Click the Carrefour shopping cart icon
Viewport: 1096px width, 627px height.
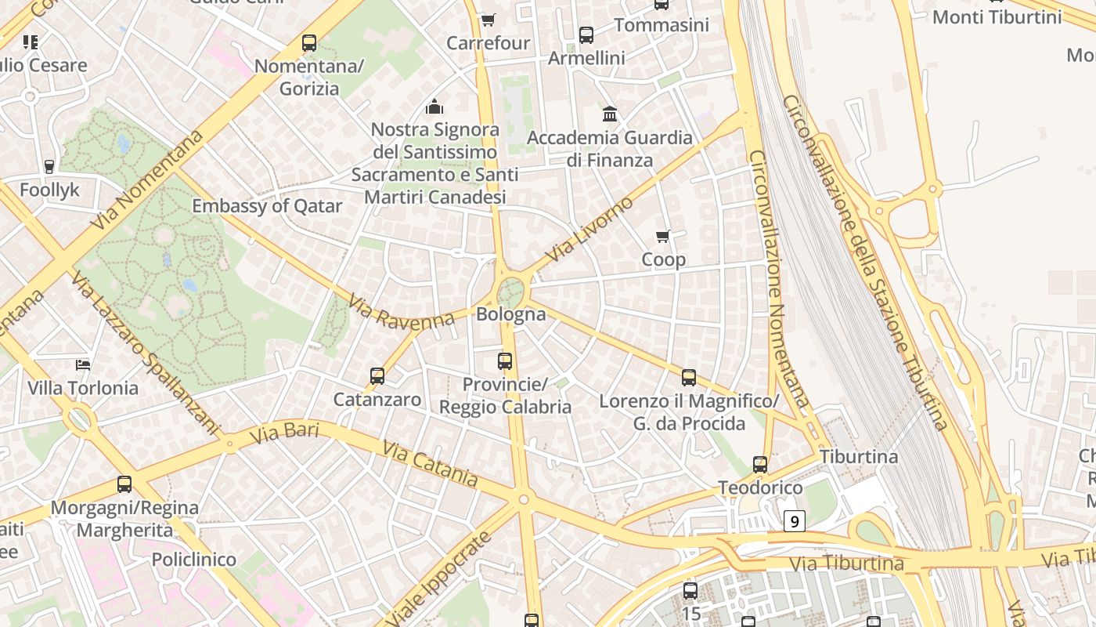click(488, 20)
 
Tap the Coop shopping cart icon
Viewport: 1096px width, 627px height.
click(663, 236)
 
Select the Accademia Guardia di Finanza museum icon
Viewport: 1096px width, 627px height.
click(610, 114)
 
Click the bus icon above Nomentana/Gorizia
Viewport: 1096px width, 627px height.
click(309, 43)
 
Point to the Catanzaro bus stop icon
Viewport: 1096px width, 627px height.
click(377, 376)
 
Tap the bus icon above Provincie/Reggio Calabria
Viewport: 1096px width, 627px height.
click(505, 361)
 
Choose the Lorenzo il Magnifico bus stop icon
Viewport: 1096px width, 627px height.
click(689, 378)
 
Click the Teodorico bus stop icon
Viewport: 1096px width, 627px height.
click(760, 465)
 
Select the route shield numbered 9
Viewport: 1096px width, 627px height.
click(794, 520)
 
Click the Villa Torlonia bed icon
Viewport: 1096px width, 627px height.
click(83, 364)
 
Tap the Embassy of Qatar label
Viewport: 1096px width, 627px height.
click(267, 206)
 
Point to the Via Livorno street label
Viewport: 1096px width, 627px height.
click(589, 230)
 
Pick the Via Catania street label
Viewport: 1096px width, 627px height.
click(430, 462)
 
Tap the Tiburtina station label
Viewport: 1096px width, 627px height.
click(859, 456)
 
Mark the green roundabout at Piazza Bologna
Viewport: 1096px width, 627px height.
click(510, 294)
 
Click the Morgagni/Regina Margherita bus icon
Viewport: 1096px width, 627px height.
click(124, 484)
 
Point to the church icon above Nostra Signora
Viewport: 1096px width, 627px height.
click(434, 107)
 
